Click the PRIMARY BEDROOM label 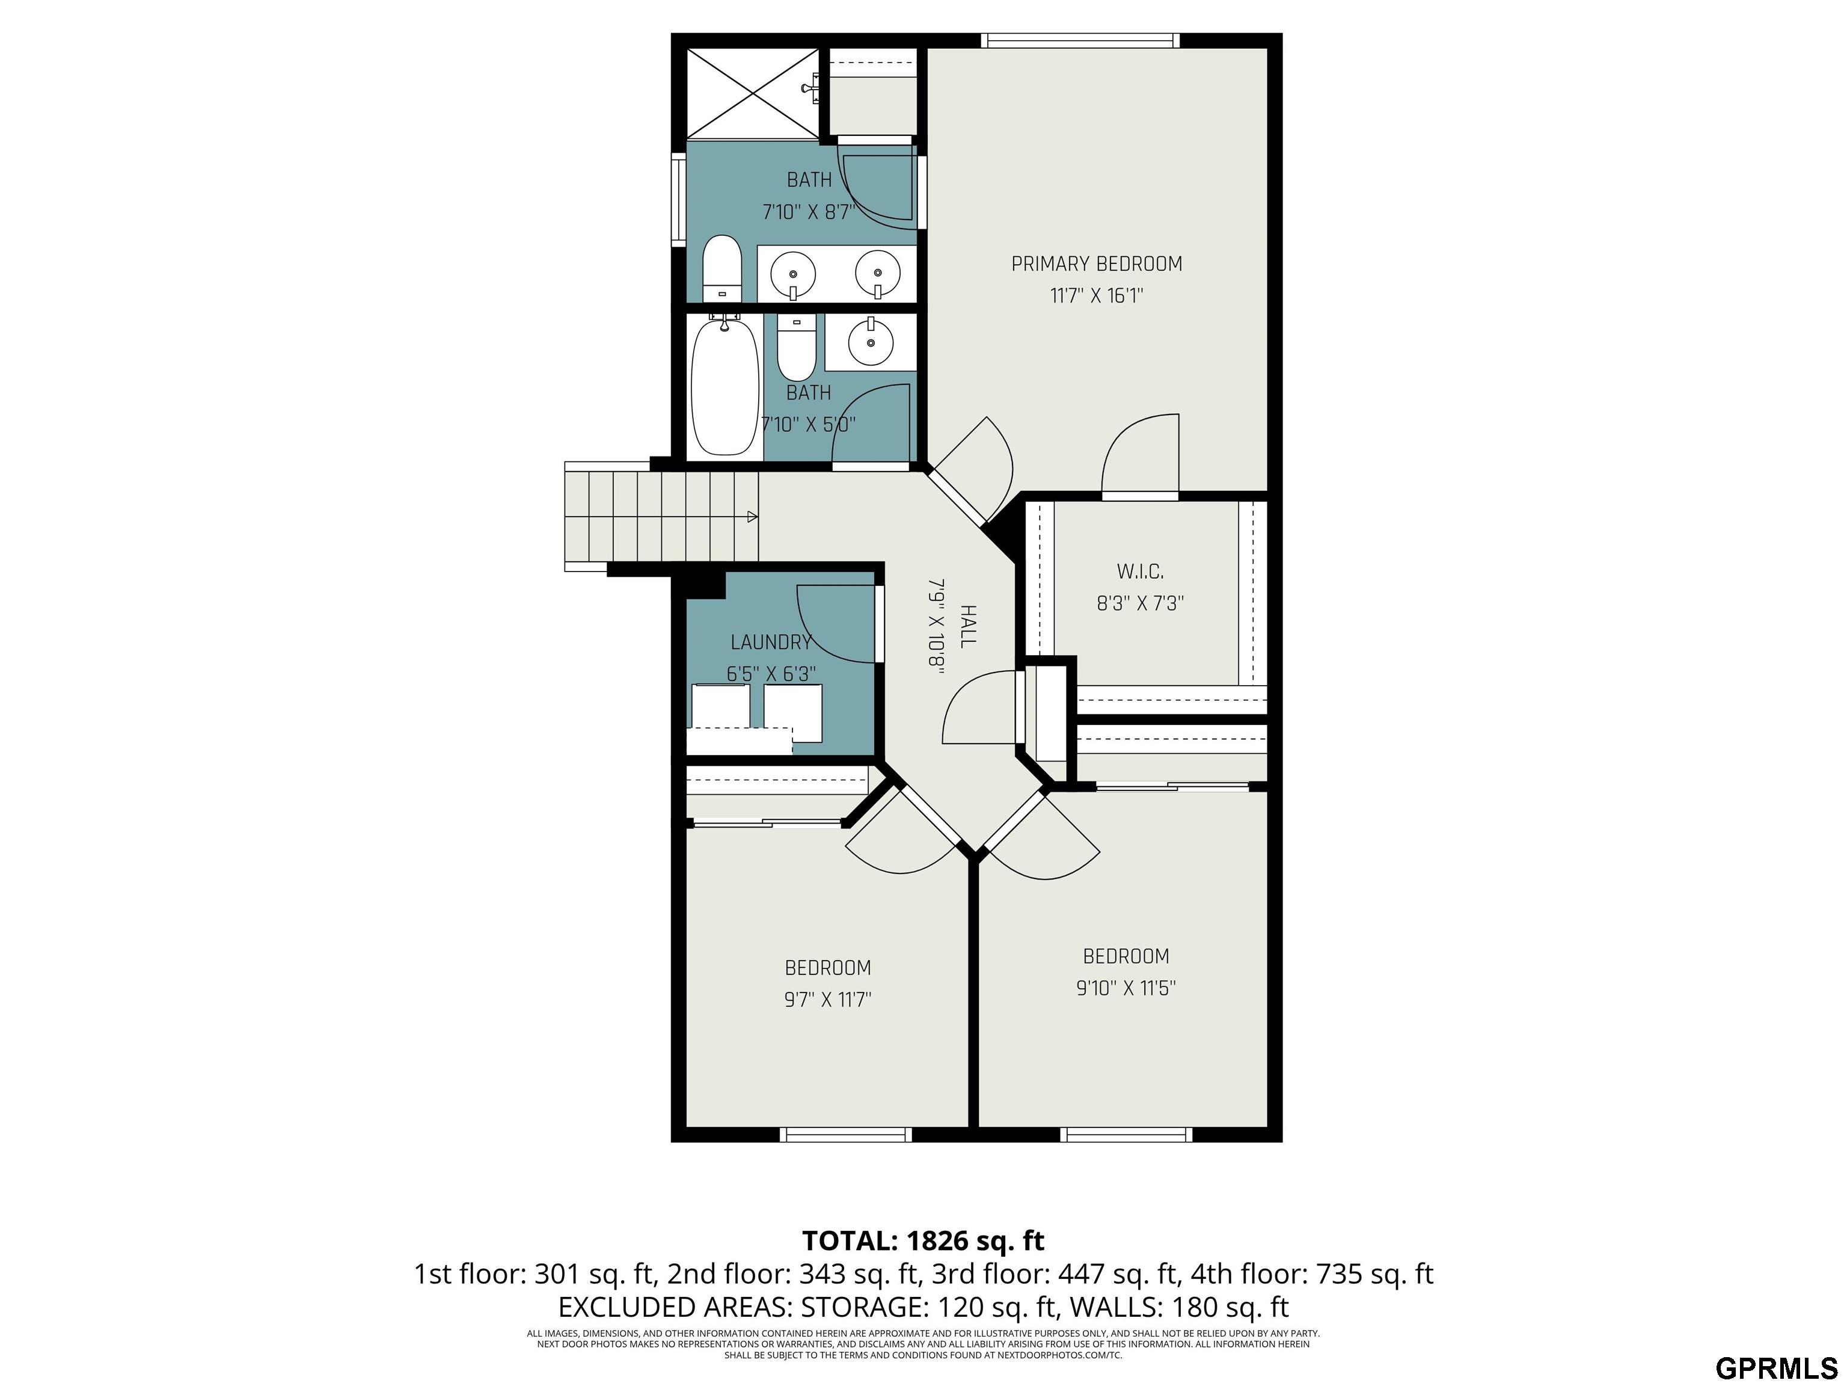(x=1096, y=264)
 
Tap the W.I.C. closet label (x=1140, y=571)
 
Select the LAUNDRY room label (x=771, y=642)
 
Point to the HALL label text (x=968, y=627)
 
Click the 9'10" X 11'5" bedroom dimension (x=1126, y=988)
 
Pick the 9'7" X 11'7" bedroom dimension (x=827, y=999)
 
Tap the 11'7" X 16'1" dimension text (x=1096, y=296)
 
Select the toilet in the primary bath (x=722, y=269)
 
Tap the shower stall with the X (x=753, y=93)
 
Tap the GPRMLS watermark (x=1777, y=1367)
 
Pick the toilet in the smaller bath (x=797, y=348)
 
